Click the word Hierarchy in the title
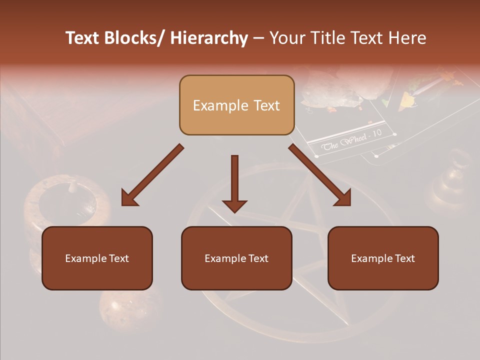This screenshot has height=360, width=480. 209,38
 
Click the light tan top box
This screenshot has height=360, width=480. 236,105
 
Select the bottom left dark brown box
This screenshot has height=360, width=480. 97,258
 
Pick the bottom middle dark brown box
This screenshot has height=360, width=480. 236,258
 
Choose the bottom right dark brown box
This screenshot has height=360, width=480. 383,258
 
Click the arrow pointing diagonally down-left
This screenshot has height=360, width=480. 152,175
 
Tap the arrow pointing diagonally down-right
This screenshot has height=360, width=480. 319,175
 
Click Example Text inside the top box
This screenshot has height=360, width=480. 236,105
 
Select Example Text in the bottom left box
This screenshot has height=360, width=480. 97,258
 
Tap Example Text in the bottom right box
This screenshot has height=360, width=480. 383,258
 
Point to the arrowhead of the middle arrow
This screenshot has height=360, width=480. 234,205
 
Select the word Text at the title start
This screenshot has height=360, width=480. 83,38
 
